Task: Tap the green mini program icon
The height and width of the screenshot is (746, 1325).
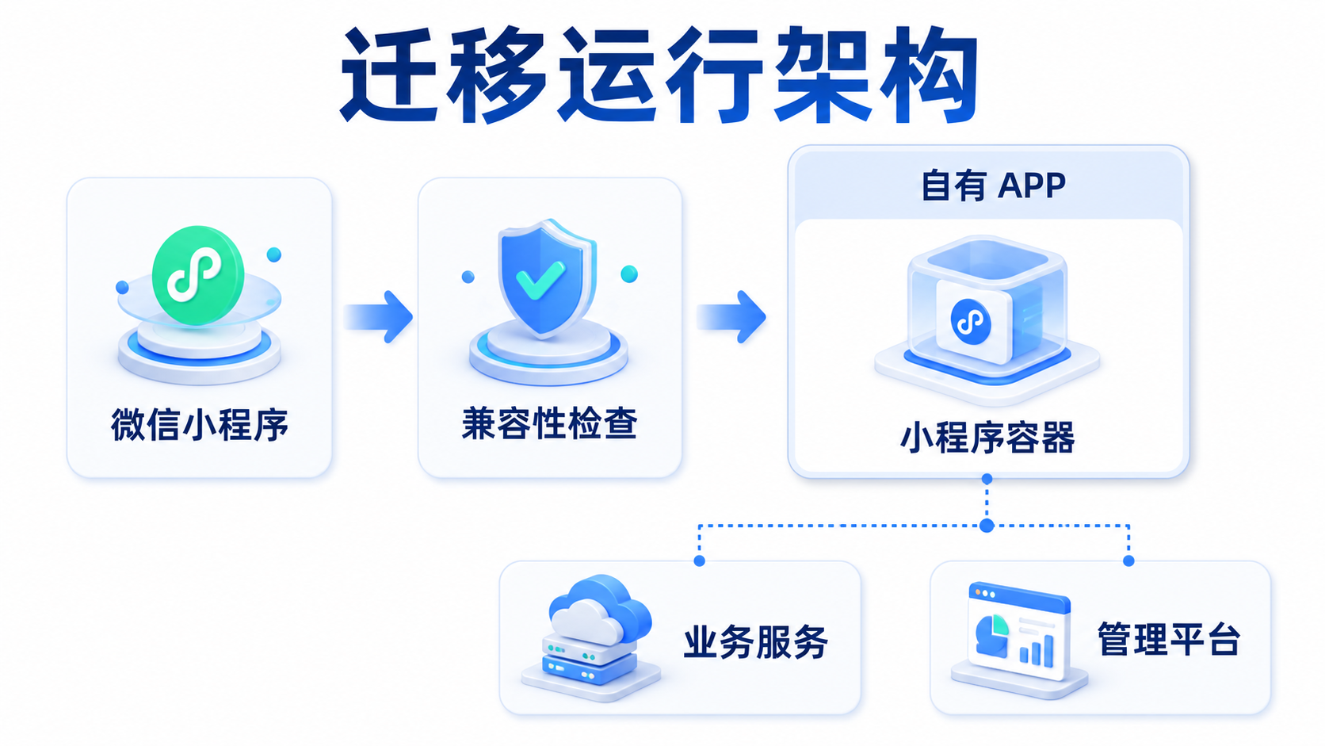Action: [198, 275]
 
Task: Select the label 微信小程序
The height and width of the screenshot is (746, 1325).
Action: [200, 425]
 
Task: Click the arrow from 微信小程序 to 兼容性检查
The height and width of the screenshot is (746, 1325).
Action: [378, 316]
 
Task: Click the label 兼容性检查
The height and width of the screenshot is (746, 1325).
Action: [549, 423]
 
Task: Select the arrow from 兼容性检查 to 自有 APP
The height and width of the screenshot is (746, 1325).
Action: [731, 316]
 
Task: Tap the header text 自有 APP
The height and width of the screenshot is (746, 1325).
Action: [993, 186]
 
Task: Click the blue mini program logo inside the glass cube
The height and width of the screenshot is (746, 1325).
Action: [971, 322]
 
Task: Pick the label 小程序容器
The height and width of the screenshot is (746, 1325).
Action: [987, 438]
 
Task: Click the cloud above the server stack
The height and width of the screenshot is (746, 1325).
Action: [600, 610]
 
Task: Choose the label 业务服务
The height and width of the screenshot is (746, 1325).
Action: [756, 642]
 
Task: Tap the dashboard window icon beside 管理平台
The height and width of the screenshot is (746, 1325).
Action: [1018, 636]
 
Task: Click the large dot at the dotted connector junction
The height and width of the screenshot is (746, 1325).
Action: [987, 526]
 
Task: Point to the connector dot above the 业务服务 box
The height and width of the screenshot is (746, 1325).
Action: [699, 560]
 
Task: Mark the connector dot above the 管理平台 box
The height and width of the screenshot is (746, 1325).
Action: [1128, 560]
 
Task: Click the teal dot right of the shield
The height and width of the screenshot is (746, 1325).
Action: [628, 274]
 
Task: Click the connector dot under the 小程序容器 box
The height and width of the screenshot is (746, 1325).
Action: [987, 479]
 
